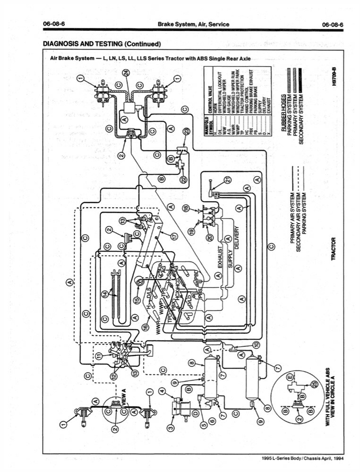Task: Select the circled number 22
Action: [x=183, y=179]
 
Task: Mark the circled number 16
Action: [x=146, y=326]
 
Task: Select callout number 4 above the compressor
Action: [x=162, y=391]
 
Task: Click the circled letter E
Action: [x=290, y=378]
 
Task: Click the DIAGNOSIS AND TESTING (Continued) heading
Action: [x=102, y=44]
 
